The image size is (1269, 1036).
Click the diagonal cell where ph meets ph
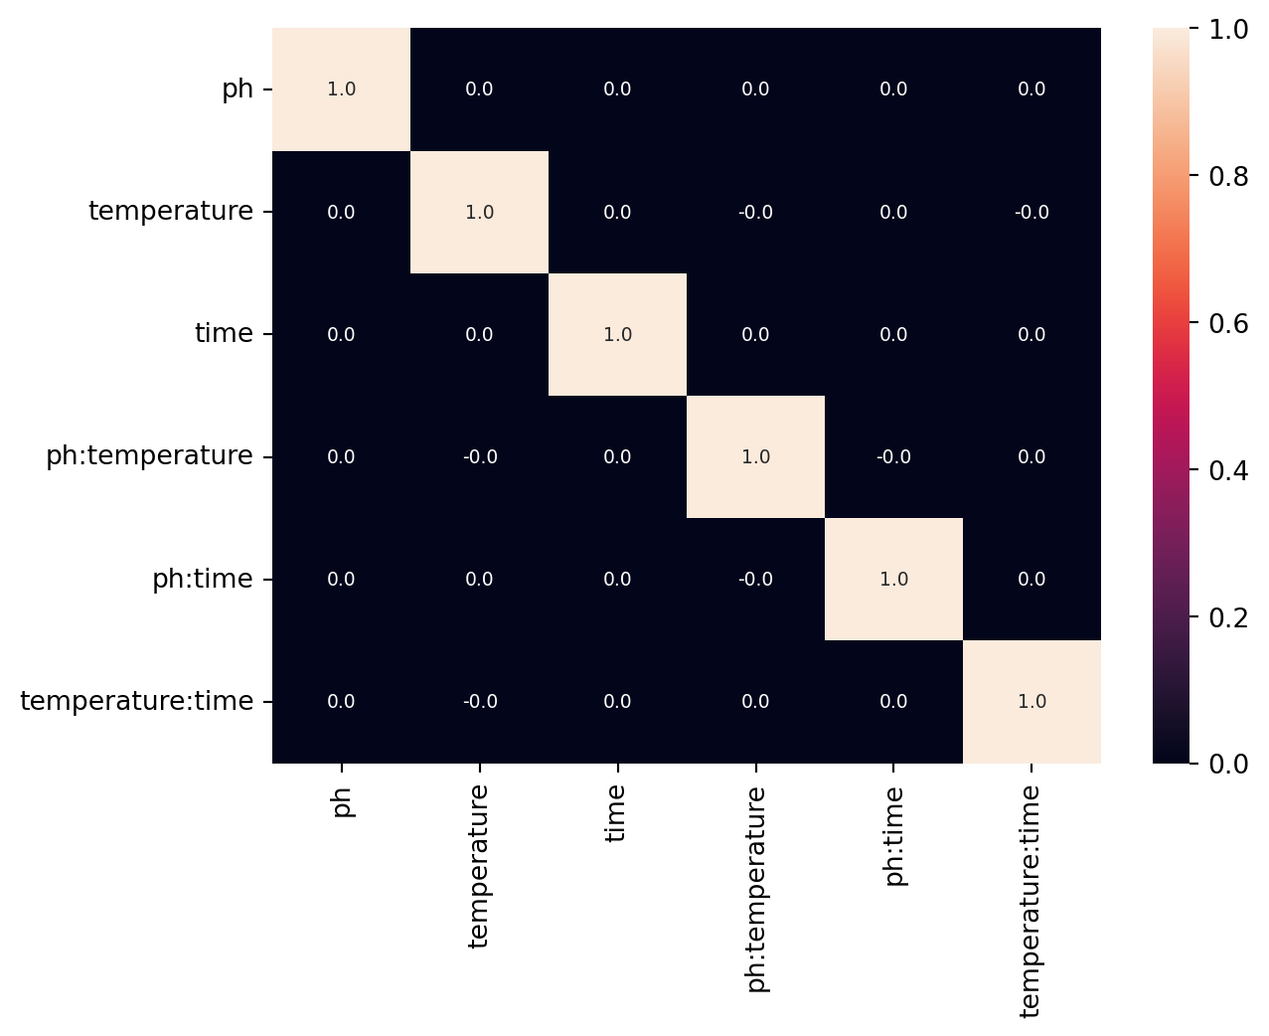click(341, 89)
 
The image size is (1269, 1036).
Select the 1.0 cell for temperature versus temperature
click(479, 212)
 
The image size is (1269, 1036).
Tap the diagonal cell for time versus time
click(617, 334)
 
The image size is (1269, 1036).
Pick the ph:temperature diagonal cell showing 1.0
click(755, 456)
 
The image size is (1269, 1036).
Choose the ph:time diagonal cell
click(893, 579)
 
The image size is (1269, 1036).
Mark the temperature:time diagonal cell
click(1031, 701)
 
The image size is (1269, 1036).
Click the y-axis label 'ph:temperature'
click(149, 456)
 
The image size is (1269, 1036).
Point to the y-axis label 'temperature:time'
click(136, 701)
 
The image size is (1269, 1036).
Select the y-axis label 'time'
click(224, 334)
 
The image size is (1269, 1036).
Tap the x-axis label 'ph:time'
click(894, 835)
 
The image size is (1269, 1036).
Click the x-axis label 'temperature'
click(479, 865)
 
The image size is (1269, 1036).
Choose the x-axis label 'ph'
click(342, 801)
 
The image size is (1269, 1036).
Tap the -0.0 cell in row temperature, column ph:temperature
click(755, 212)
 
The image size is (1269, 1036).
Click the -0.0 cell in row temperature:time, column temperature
click(479, 701)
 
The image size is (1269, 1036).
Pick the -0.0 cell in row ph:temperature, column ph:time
click(893, 456)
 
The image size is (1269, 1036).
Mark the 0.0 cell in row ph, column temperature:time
click(1031, 89)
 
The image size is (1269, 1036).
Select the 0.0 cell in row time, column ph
click(341, 334)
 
